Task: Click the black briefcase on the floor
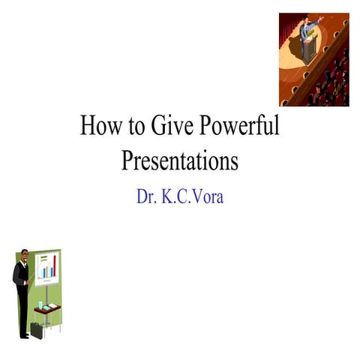click(36, 329)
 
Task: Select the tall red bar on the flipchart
click(54, 266)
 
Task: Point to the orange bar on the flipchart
click(44, 271)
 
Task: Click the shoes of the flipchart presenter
click(23, 336)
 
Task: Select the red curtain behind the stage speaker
click(289, 22)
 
